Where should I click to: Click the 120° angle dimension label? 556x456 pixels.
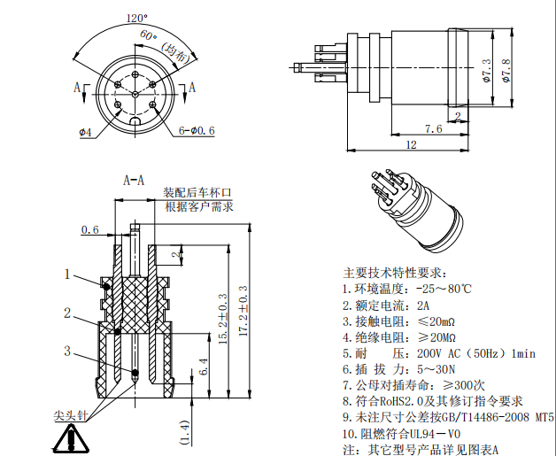pyautogui.click(x=136, y=18)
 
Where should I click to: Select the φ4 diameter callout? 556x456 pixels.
pyautogui.click(x=85, y=132)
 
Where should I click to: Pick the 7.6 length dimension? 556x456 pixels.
pyautogui.click(x=434, y=129)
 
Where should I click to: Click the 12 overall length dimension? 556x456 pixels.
pyautogui.click(x=410, y=144)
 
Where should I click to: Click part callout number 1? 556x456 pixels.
pyautogui.click(x=66, y=274)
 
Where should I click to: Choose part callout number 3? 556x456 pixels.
pyautogui.click(x=66, y=351)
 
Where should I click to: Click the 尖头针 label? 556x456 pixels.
pyautogui.click(x=71, y=414)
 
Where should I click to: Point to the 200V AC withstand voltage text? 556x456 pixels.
pyautogui.click(x=443, y=353)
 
